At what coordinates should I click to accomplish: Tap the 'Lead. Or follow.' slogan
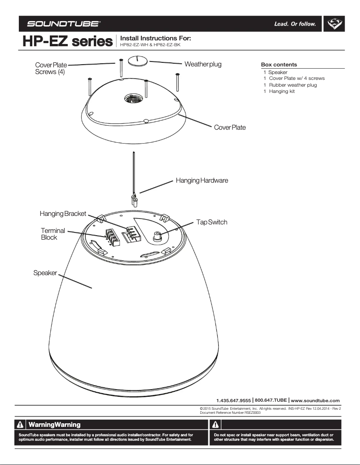click(295, 24)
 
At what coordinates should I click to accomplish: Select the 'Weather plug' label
click(203, 64)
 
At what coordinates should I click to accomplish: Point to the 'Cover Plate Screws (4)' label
click(51, 69)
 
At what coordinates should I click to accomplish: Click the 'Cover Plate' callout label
click(230, 127)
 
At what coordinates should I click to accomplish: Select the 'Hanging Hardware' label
click(202, 180)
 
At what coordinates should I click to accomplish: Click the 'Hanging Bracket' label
click(63, 214)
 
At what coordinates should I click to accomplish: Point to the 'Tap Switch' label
click(211, 222)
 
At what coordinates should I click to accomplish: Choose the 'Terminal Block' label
click(53, 234)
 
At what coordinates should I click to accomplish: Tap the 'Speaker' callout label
click(45, 273)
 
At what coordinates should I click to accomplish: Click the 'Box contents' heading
click(279, 65)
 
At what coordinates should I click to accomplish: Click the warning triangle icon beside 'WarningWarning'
click(21, 425)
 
